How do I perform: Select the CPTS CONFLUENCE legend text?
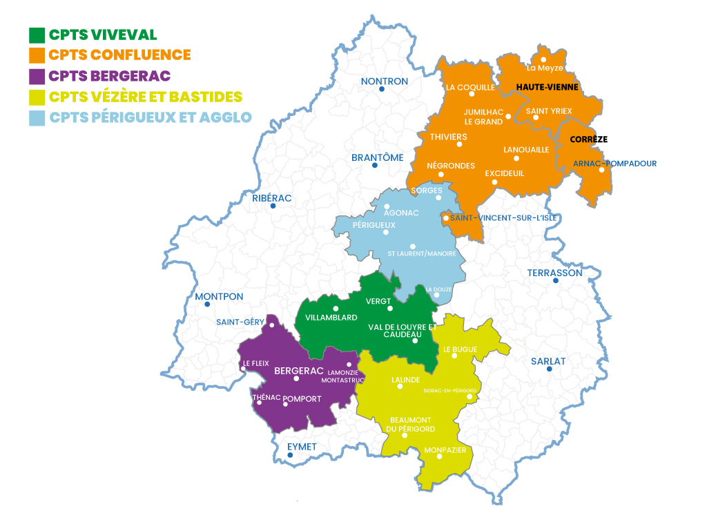[x=120, y=55]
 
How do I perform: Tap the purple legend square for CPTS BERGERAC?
[x=37, y=76]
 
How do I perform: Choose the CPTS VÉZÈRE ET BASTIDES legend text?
[x=146, y=97]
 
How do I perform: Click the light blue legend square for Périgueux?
[x=37, y=117]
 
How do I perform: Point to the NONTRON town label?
[x=385, y=81]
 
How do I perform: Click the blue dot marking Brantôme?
[x=375, y=166]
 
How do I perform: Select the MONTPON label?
[x=219, y=297]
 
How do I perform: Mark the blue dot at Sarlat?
[x=550, y=369]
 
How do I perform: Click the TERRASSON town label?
[x=554, y=273]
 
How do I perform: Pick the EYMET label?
[x=302, y=447]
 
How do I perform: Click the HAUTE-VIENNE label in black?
[x=548, y=88]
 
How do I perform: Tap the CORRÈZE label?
[x=588, y=139]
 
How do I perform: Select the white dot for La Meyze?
[x=543, y=60]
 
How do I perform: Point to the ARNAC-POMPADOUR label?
[x=614, y=164]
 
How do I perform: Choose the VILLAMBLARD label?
[x=331, y=318]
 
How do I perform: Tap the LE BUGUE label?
[x=461, y=349]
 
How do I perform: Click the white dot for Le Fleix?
[x=242, y=369]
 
